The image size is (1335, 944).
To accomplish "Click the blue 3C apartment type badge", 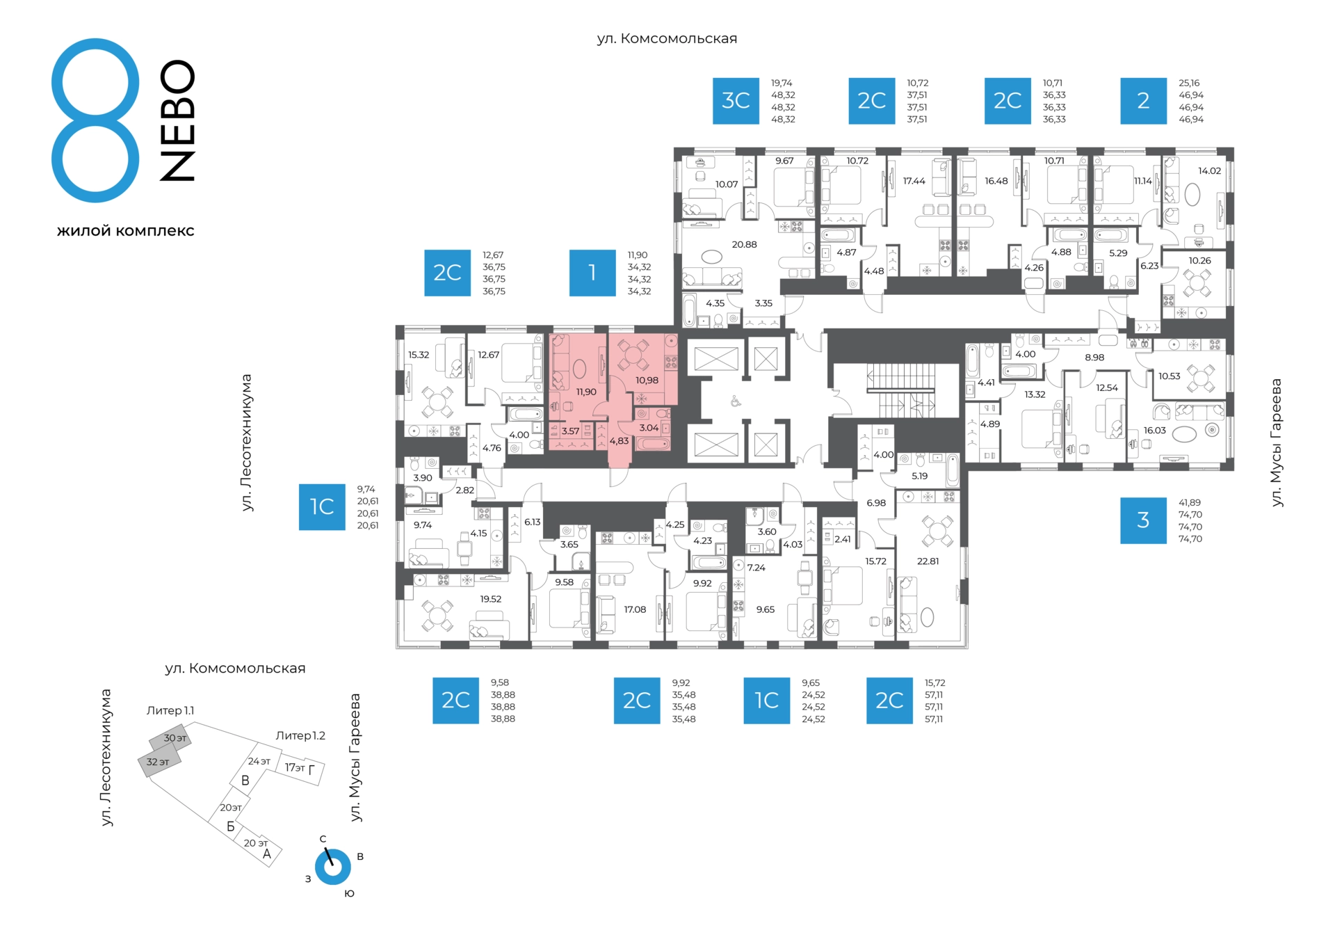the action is (736, 101).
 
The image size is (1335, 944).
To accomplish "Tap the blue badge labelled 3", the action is (1143, 520).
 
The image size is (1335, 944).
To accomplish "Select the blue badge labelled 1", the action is (592, 273).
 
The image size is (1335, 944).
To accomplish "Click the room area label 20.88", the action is (744, 244).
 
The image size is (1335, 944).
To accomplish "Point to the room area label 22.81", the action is (928, 561).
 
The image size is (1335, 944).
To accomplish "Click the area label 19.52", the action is (490, 598).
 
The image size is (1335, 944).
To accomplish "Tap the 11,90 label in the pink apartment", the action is (586, 392).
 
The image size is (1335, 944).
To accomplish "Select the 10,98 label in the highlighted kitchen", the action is (647, 380).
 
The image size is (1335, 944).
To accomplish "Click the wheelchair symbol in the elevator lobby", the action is (735, 401).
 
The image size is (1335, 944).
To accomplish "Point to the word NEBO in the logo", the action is (177, 120).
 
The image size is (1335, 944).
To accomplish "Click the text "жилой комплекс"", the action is (125, 230).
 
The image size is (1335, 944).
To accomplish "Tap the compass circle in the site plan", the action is (332, 867).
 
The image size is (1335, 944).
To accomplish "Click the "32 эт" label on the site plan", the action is (158, 762).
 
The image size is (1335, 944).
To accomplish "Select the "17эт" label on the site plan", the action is (295, 767).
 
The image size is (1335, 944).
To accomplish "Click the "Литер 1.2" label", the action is (300, 735).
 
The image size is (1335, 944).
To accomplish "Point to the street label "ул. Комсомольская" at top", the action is (667, 39).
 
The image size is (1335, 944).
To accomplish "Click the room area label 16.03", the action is (1155, 431).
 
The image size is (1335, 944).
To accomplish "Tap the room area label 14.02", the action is (1209, 170).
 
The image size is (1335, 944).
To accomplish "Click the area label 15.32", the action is (419, 355).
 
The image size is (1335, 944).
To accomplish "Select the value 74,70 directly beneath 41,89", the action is (1190, 515).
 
